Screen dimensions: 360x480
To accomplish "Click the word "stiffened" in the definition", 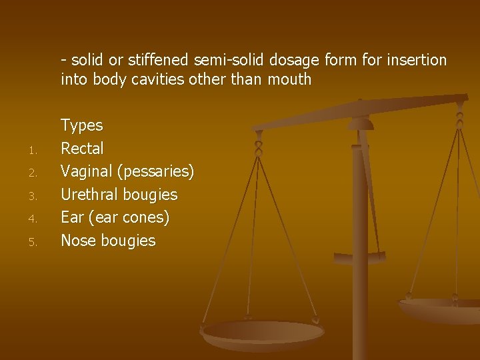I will pos(158,60).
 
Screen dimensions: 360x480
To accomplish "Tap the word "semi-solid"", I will pos(229,60).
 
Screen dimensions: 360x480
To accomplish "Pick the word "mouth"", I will pos(289,79).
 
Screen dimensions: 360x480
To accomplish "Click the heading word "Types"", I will pos(81,125).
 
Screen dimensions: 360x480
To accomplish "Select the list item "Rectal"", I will pos(82,148).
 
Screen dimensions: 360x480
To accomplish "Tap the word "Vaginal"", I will pos(87,171).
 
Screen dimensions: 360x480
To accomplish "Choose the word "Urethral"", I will pos(89,195).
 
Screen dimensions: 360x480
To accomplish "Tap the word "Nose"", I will pos(78,241).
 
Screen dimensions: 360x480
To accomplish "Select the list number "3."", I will pos(32,196).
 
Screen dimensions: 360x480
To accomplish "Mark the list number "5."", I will pos(32,242).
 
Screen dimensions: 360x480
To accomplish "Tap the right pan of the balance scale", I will pos(440,308).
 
